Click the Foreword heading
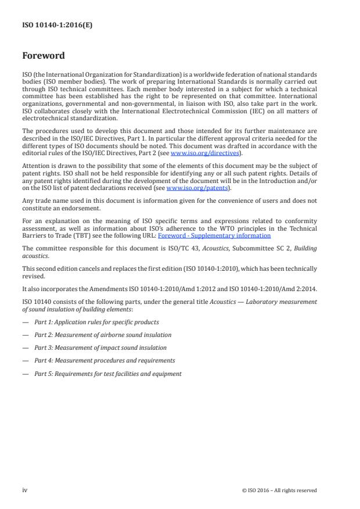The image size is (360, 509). coord(43,56)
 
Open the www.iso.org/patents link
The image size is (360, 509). coord(189,188)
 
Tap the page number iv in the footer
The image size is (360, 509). coord(24,490)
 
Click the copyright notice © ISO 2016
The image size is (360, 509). coord(279,490)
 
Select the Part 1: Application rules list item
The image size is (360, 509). coord(96,322)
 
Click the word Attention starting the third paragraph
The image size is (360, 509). coord(34,164)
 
